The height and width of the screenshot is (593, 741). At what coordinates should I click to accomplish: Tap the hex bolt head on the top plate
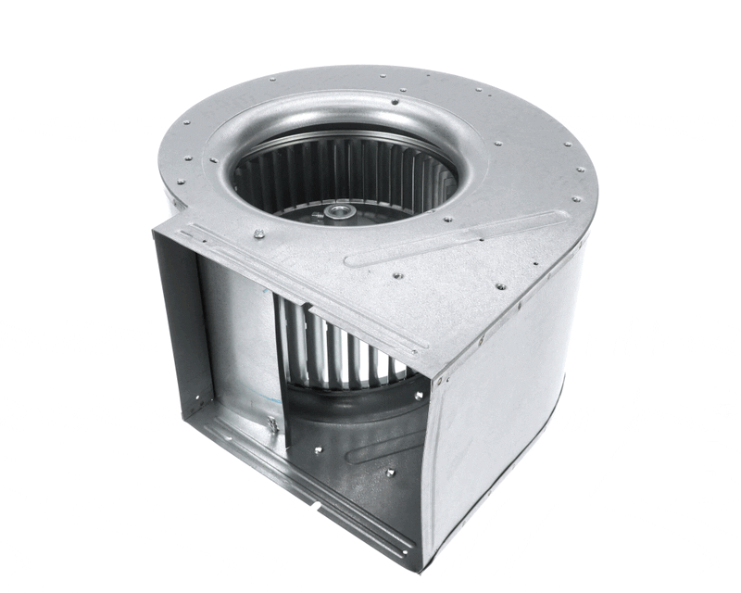[258, 233]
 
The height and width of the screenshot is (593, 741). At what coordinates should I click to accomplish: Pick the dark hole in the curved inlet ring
[396, 102]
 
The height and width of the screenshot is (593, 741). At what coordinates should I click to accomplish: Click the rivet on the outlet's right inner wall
[390, 473]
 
